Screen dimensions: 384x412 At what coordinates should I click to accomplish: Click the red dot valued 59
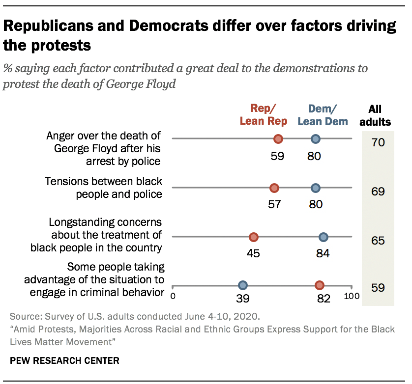point(278,139)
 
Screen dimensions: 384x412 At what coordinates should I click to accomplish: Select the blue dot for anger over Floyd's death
point(316,139)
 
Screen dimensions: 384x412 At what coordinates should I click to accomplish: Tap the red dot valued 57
point(274,188)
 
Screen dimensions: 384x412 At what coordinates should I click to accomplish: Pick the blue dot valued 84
point(323,237)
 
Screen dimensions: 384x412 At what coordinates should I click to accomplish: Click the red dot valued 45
point(253,237)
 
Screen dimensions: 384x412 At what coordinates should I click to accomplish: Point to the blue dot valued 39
point(242,285)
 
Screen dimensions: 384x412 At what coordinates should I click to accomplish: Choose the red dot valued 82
point(320,285)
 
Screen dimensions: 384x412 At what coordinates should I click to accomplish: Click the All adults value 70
point(378,143)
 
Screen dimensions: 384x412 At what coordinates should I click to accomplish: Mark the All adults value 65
point(378,241)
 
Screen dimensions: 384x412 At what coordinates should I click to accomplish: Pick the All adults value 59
point(378,288)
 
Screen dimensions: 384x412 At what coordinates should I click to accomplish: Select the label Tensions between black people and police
point(103,188)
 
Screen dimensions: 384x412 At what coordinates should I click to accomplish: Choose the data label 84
point(323,253)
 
